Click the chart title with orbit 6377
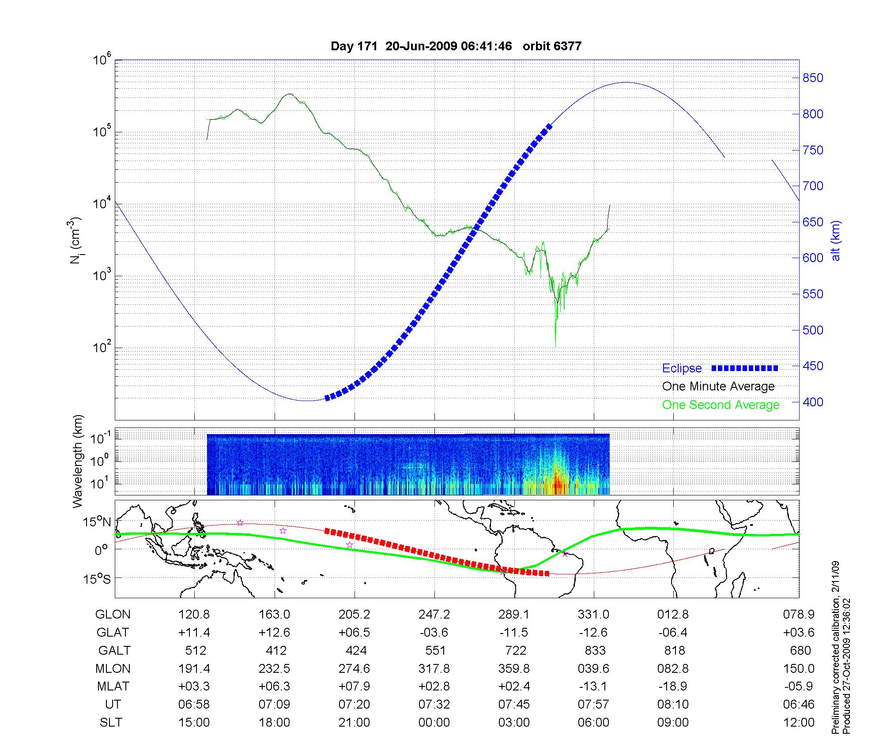456,46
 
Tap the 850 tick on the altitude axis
812,78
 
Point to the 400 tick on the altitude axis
812,402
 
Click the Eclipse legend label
682,368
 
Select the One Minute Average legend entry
718,386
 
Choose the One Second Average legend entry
721,405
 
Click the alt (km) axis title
835,240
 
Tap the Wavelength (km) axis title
78,461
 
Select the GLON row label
113,615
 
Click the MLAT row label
113,686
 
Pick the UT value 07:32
434,705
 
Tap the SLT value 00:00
434,723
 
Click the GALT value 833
595,651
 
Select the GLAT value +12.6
274,633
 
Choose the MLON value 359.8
514,669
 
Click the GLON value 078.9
800,615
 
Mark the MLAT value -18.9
673,686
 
